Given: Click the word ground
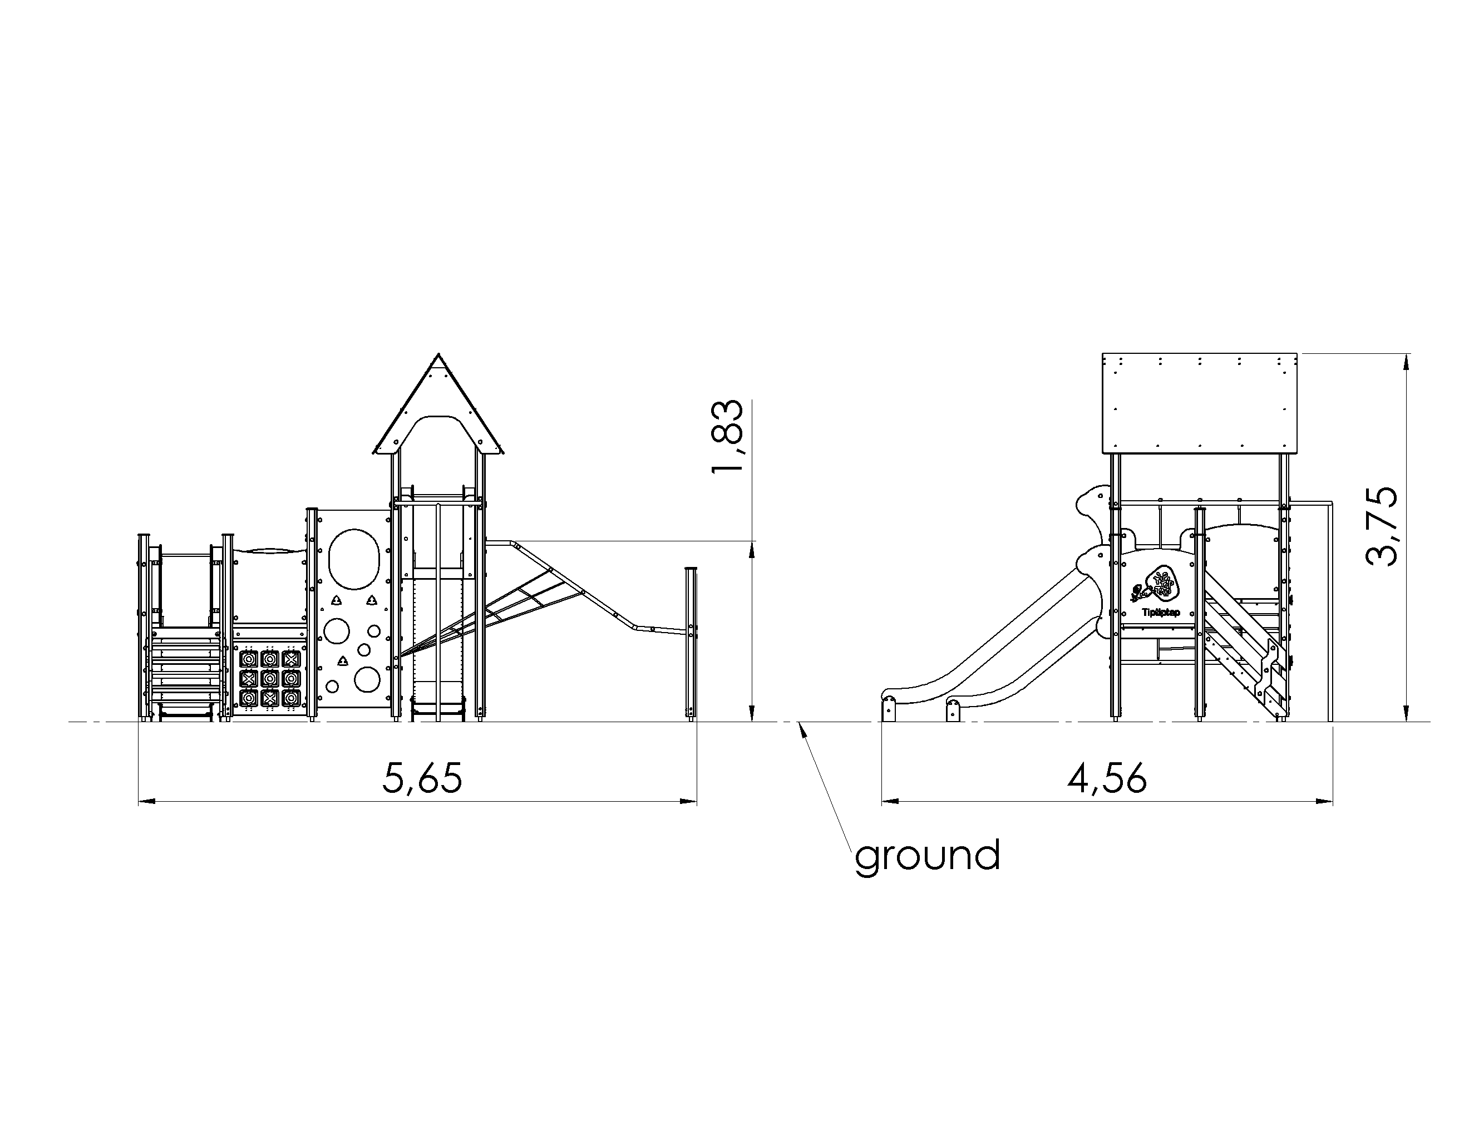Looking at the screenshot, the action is coord(928,856).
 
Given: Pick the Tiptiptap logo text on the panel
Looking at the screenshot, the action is coord(1160,613).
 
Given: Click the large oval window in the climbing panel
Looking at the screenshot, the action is coord(353,558).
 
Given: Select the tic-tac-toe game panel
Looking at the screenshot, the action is coord(270,678).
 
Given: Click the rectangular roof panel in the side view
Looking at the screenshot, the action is coord(1199,403).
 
